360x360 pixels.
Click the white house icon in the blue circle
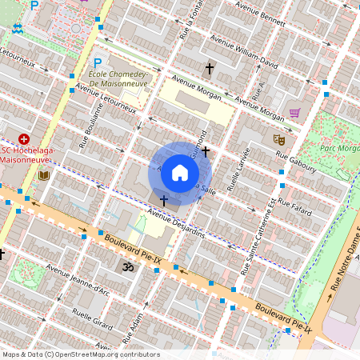pos(180,172)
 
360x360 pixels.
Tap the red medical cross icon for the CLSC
pos(23,139)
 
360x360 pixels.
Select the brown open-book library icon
pos(43,174)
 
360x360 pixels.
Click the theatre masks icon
pos(279,139)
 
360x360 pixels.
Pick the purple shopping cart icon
pos(294,113)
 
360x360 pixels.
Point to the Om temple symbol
pos(125,266)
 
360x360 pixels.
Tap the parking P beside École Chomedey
pos(98,63)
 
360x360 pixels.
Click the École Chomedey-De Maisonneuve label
pos(121,78)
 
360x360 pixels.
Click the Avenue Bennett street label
pos(262,18)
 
